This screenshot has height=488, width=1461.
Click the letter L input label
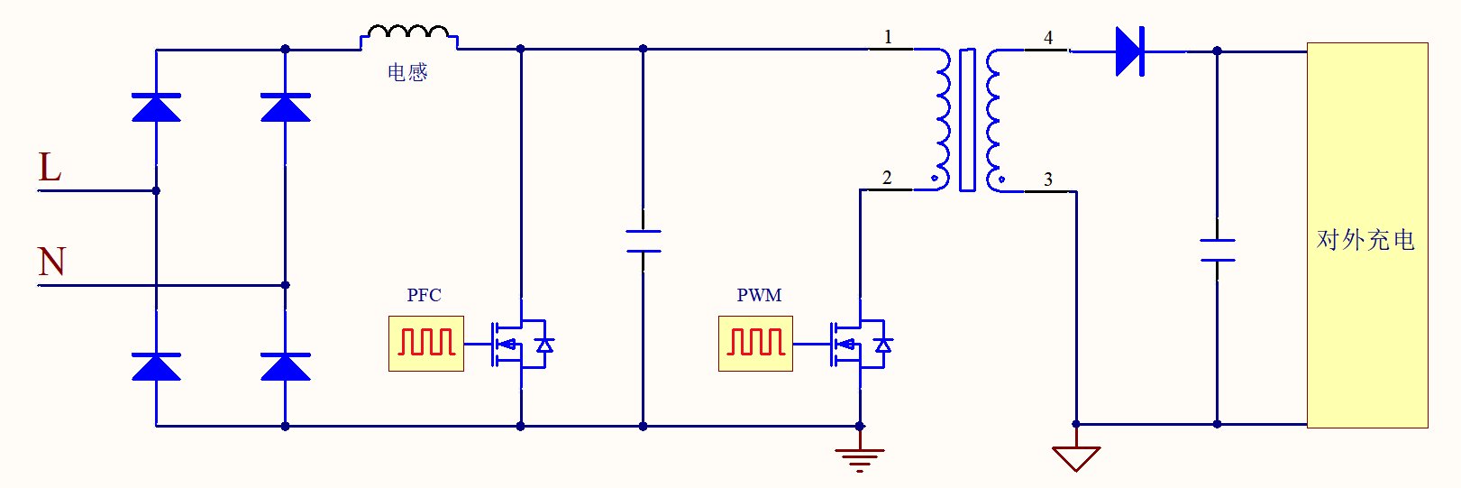[x=50, y=168]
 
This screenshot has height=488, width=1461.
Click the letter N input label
[x=51, y=262]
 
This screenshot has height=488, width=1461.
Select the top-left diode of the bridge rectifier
[x=156, y=107]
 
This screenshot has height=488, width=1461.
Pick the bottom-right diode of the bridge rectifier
[x=285, y=367]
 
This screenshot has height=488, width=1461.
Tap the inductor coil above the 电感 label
[x=408, y=35]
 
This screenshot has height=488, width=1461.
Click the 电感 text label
[x=407, y=72]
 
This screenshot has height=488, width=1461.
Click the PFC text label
[x=424, y=295]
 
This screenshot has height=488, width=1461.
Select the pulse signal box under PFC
[x=426, y=344]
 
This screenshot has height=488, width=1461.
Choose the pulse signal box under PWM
[x=755, y=344]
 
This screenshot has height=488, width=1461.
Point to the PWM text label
[x=759, y=295]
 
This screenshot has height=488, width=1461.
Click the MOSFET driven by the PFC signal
[x=521, y=344]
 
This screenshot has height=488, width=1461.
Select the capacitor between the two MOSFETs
[x=643, y=241]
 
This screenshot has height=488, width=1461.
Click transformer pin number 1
[x=888, y=37]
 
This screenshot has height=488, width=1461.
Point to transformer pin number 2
[x=887, y=178]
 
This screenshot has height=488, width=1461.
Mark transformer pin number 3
[x=1048, y=179]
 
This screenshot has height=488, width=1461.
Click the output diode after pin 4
[x=1129, y=51]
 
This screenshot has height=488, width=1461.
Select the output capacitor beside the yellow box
[x=1217, y=250]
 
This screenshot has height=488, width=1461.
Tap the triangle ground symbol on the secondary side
[x=1075, y=457]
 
